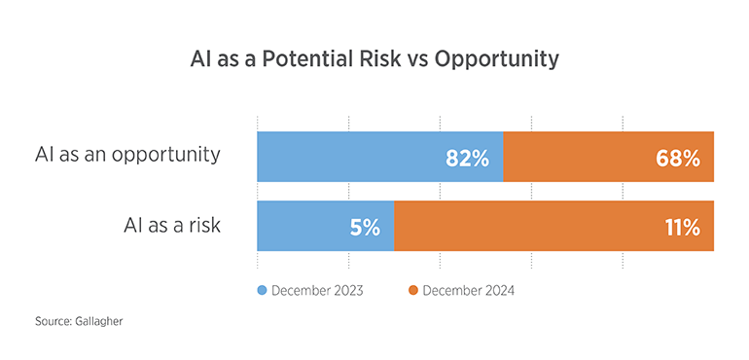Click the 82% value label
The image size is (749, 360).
tap(467, 158)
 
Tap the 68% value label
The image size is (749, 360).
tap(678, 158)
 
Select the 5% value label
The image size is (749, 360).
tap(367, 228)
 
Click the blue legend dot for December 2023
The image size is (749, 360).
tap(262, 290)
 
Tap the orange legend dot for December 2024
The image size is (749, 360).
tap(412, 290)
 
